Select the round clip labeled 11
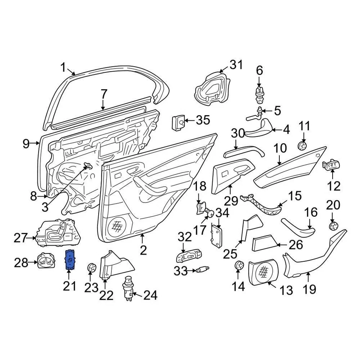click(x=302, y=145)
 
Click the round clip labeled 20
click(x=332, y=226)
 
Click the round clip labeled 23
click(x=91, y=268)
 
